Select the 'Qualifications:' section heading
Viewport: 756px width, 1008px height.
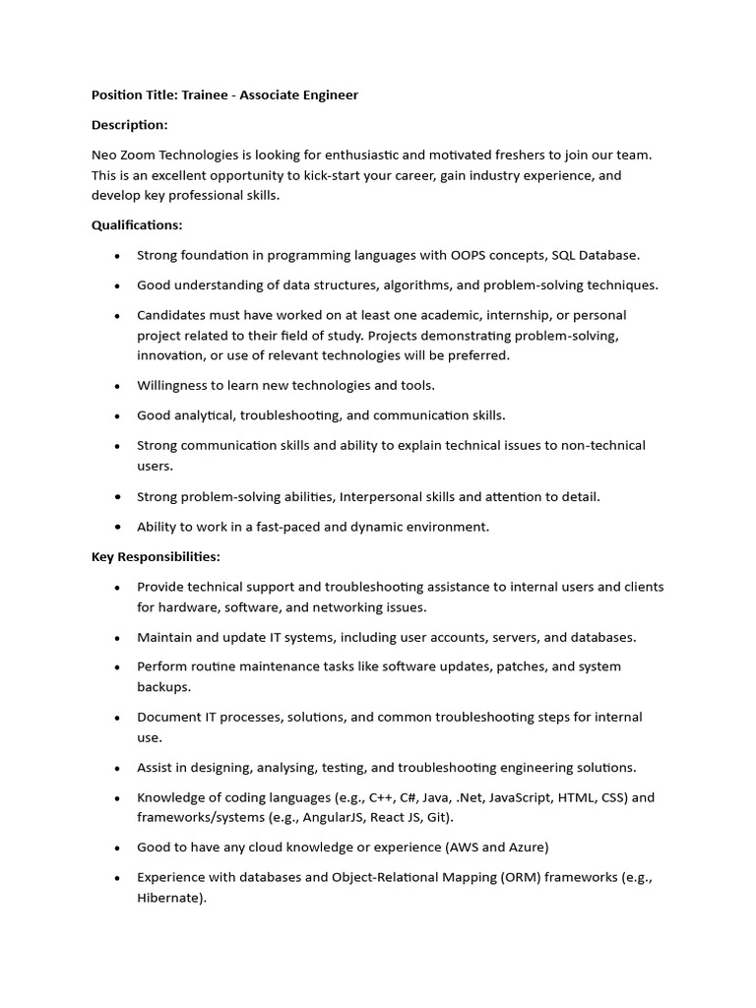point(137,225)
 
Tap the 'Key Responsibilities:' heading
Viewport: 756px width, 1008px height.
point(156,557)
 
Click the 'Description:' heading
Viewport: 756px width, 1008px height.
point(130,125)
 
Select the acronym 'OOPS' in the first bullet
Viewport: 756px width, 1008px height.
point(468,255)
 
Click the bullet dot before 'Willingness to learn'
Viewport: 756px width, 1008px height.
point(117,386)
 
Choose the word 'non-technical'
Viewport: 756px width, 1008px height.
point(603,445)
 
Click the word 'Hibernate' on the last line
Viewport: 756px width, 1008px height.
point(168,898)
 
